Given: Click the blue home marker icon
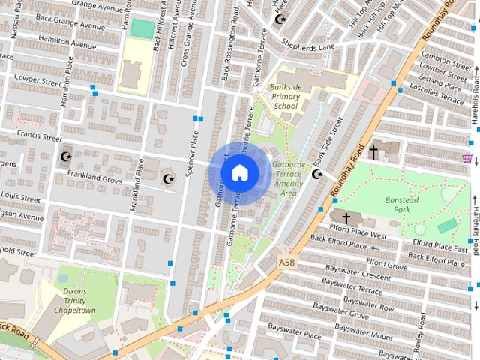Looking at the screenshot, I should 239,172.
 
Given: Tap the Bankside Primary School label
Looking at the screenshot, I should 285,97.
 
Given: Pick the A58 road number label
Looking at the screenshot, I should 286,262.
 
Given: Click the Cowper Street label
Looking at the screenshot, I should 37,78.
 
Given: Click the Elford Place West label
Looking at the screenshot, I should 358,235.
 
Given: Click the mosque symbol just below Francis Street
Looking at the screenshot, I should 65,157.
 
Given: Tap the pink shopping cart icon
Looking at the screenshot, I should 467,158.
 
